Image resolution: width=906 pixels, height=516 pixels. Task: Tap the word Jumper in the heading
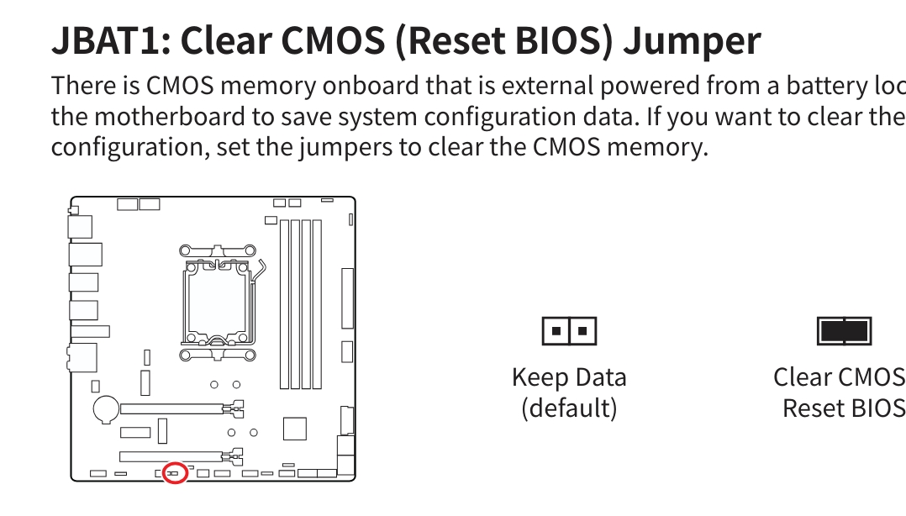pyautogui.click(x=693, y=42)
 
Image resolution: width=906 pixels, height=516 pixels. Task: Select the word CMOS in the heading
pyautogui.click(x=334, y=40)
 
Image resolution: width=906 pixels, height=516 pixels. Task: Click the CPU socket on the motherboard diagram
pyautogui.click(x=217, y=303)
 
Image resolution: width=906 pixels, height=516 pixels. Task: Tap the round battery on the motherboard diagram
pyautogui.click(x=106, y=409)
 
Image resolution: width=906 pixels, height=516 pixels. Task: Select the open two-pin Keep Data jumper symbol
pyautogui.click(x=569, y=331)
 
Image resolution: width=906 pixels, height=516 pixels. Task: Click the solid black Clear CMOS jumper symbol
pyautogui.click(x=844, y=331)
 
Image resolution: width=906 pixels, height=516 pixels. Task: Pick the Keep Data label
pyautogui.click(x=569, y=377)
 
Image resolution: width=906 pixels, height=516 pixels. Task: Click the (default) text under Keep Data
pyautogui.click(x=569, y=408)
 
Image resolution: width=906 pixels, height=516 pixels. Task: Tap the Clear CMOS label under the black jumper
pyautogui.click(x=839, y=377)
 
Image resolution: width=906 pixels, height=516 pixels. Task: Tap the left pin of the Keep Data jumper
pyautogui.click(x=556, y=331)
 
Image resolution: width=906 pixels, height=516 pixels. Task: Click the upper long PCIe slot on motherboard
pyautogui.click(x=182, y=408)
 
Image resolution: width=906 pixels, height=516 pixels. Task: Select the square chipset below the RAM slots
pyautogui.click(x=295, y=429)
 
